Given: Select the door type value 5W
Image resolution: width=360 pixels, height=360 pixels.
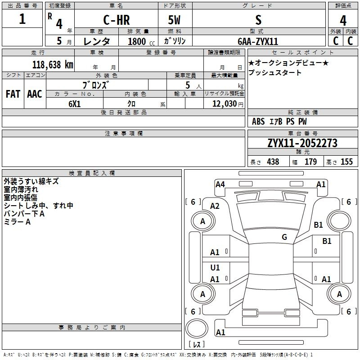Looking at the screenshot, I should pyautogui.click(x=175, y=20).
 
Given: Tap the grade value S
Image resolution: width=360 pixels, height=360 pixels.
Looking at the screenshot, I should pyautogui.click(x=258, y=20).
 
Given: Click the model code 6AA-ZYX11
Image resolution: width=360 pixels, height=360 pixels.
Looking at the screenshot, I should pyautogui.click(x=258, y=41).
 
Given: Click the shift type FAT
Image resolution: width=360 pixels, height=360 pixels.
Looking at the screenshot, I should pyautogui.click(x=13, y=94).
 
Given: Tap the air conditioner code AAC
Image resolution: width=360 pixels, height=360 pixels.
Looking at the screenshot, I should pyautogui.click(x=34, y=94).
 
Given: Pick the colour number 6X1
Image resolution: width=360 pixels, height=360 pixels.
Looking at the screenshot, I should pyautogui.click(x=74, y=104).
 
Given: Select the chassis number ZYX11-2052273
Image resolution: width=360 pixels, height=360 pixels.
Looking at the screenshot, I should pyautogui.click(x=302, y=143).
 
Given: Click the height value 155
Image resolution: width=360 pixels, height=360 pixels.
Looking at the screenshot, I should pyautogui.click(x=346, y=162).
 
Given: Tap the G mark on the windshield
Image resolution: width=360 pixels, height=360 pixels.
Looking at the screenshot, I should pyautogui.click(x=284, y=237).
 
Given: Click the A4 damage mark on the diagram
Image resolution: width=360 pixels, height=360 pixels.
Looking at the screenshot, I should pyautogui.click(x=220, y=184).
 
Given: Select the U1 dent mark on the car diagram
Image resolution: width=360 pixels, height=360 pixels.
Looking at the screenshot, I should pyautogui.click(x=215, y=268).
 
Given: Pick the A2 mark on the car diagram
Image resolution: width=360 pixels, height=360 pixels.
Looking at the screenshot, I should pyautogui.click(x=215, y=206).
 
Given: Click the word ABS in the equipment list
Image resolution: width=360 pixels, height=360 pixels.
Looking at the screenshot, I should pyautogui.click(x=258, y=121).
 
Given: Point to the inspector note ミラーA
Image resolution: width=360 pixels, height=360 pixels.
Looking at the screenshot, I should pyautogui.click(x=17, y=222).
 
